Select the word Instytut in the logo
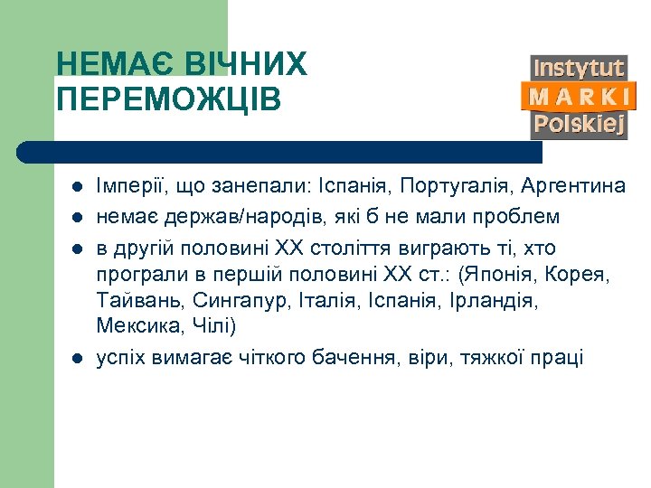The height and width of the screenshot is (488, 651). tap(579, 68)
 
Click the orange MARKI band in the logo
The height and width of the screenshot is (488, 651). tap(579, 96)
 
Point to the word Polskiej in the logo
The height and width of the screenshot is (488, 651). tap(579, 124)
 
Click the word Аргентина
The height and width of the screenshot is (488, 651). tap(571, 186)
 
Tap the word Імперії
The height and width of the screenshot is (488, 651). tap(129, 186)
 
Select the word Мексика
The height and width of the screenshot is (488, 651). tap(136, 325)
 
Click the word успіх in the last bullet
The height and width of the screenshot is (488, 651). tap(122, 358)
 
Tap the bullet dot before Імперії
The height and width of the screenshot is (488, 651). tap(77, 187)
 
